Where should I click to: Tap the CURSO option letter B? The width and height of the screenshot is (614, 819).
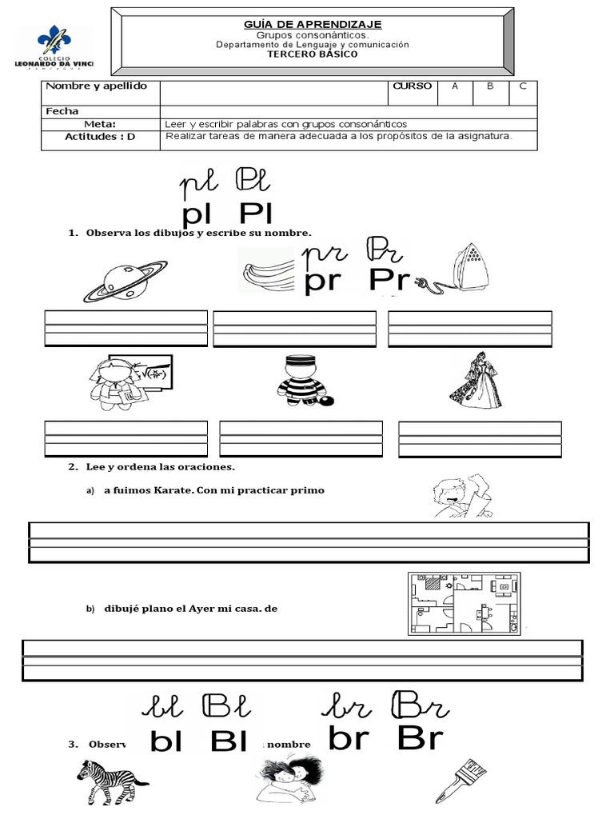click(490, 86)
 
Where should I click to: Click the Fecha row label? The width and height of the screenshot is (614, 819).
click(62, 111)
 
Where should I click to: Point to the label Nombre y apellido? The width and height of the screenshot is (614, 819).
click(96, 86)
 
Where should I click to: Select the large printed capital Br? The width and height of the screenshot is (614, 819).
click(419, 738)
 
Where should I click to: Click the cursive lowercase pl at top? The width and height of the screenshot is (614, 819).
click(199, 186)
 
